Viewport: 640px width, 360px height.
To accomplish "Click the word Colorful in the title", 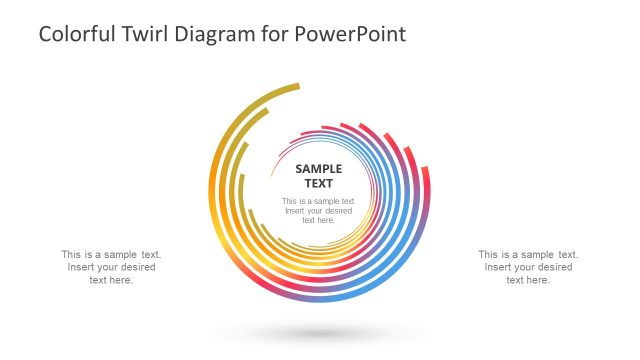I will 73,34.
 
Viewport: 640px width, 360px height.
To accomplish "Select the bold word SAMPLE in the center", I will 319,169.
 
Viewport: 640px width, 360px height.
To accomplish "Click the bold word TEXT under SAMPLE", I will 319,183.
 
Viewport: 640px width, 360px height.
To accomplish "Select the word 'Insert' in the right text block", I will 499,267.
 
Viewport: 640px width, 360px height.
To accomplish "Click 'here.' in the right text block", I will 537,280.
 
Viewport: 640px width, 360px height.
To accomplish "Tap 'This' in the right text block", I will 489,254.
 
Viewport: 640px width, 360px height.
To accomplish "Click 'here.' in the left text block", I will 120,280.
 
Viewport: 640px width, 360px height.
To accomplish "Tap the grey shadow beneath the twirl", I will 319,334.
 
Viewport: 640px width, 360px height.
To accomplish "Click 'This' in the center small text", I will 290,201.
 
